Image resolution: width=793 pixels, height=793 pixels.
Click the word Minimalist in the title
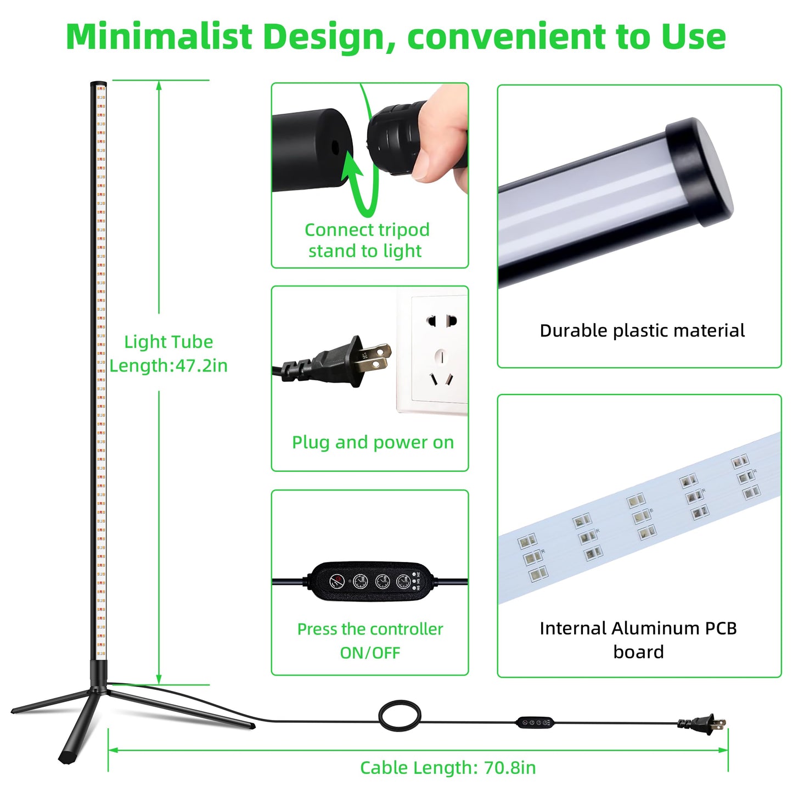point(159,36)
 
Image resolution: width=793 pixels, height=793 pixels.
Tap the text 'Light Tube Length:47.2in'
point(168,353)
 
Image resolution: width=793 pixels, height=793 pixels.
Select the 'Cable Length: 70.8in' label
point(448,768)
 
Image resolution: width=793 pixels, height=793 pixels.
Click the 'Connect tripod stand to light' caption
point(366,240)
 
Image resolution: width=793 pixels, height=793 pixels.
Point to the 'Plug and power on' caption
point(373,442)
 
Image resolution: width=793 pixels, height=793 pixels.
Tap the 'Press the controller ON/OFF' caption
point(370,641)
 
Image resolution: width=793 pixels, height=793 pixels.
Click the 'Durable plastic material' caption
point(642,330)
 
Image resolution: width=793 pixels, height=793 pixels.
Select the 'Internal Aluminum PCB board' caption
point(638,640)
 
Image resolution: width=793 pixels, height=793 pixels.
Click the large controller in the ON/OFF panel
point(370,581)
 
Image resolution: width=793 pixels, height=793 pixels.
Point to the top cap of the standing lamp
point(98,83)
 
